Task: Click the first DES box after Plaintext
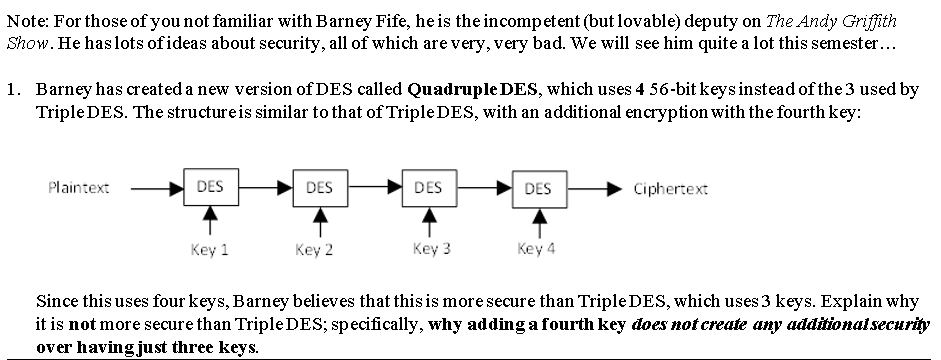point(210,187)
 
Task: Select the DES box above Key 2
point(319,187)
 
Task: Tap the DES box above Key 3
point(428,187)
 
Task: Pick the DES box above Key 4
point(537,188)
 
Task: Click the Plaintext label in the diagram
point(78,187)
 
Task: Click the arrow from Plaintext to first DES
point(155,187)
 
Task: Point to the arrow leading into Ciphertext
point(594,188)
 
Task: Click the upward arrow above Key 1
point(210,221)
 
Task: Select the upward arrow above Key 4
point(538,222)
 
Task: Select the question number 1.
point(12,89)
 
